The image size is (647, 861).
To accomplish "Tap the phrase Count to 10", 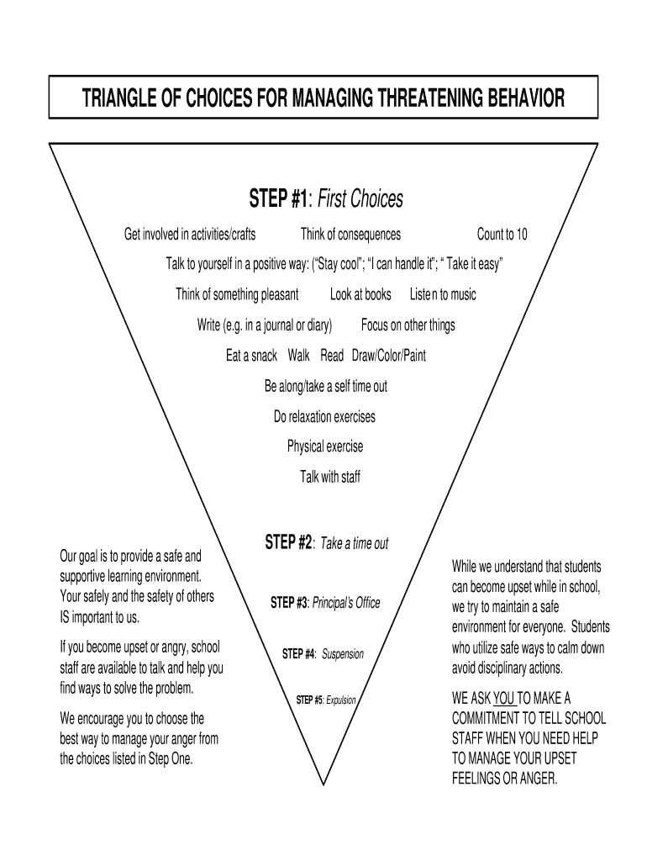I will tap(502, 235).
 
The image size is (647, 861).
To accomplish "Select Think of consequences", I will tap(350, 235).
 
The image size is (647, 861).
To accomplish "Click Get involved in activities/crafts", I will tap(190, 235).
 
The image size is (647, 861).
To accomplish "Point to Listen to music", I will tap(442, 294).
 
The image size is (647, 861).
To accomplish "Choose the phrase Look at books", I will tap(360, 294).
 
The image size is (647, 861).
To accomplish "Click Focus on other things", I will tap(408, 325).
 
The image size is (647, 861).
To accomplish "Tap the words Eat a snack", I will tap(251, 356).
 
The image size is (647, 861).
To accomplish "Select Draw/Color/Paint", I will tap(388, 356).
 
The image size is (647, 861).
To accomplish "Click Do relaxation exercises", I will tap(324, 417).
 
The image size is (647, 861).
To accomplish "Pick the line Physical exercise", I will tap(325, 446).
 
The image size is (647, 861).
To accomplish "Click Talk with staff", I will tap(330, 477).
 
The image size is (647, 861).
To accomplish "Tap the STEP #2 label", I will tap(289, 542).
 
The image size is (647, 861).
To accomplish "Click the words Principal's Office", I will tap(346, 603).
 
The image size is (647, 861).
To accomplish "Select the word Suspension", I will tap(343, 653).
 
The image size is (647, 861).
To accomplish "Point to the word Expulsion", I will tap(341, 700).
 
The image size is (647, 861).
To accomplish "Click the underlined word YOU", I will tap(502, 698).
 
